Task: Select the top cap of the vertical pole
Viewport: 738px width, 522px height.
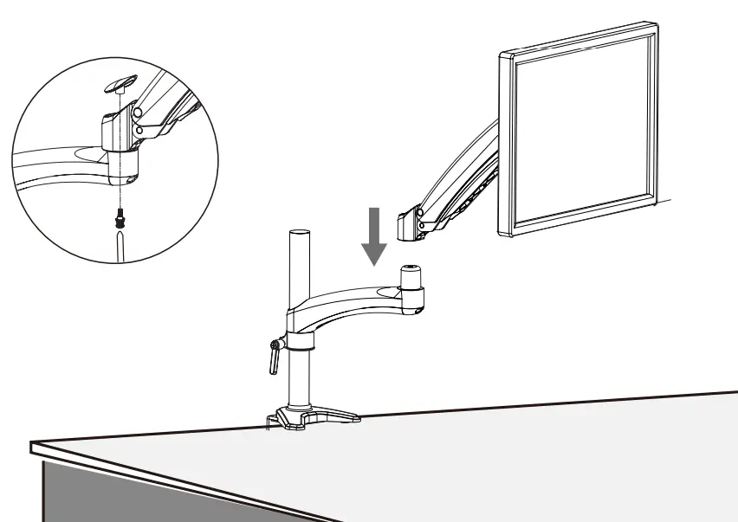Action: point(298,235)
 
